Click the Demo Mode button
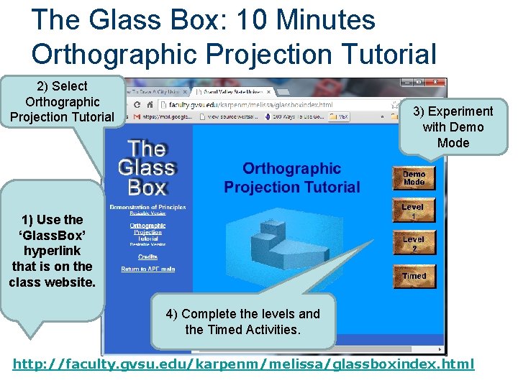pyautogui.click(x=414, y=178)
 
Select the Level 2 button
pyautogui.click(x=414, y=244)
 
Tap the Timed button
pyautogui.click(x=414, y=276)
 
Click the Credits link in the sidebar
pyautogui.click(x=147, y=257)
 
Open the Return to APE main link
pyautogui.click(x=147, y=269)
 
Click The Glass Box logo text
pyautogui.click(x=147, y=169)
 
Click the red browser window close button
pyautogui.click(x=435, y=82)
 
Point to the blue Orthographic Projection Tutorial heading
pyautogui.click(x=292, y=177)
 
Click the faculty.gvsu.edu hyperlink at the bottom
pyautogui.click(x=244, y=364)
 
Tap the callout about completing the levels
pyautogui.click(x=242, y=321)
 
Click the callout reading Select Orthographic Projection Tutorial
pyautogui.click(x=62, y=101)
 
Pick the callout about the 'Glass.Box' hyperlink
pyautogui.click(x=52, y=251)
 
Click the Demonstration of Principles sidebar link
pyautogui.click(x=147, y=208)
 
